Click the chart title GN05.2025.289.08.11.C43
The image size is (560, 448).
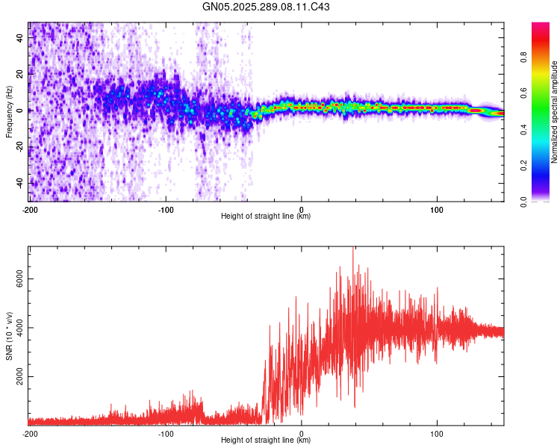click(x=266, y=7)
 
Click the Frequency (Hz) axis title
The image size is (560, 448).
click(x=9, y=112)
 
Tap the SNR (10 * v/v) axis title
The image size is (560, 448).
click(x=9, y=335)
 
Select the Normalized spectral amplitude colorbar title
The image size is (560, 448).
click(x=555, y=112)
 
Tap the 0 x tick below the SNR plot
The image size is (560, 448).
click(x=302, y=433)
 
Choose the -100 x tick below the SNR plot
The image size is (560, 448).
click(x=166, y=433)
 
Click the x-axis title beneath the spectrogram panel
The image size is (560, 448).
click(x=266, y=217)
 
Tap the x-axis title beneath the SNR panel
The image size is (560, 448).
click(x=266, y=441)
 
